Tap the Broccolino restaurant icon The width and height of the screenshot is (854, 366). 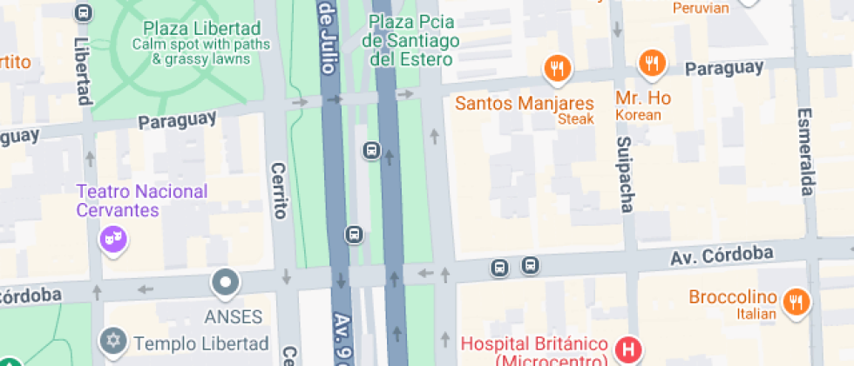(794, 302)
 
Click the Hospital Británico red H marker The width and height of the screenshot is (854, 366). (627, 350)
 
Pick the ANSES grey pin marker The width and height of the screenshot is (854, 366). (226, 282)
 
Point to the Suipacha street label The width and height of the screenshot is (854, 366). (624, 173)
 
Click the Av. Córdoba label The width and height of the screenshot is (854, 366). (722, 255)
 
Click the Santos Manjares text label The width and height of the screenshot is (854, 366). (525, 103)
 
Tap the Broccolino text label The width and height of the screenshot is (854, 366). (732, 297)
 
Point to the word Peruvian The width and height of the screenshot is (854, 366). (701, 8)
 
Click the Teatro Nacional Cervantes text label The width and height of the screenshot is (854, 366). (142, 200)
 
